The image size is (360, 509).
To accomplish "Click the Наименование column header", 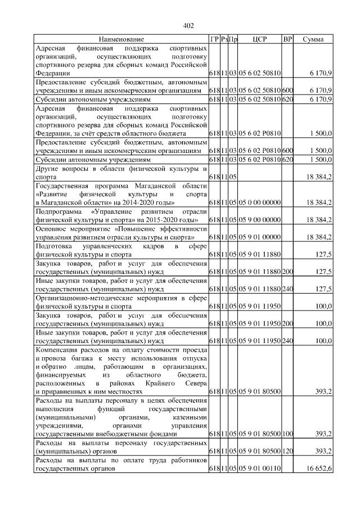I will pos(121,39).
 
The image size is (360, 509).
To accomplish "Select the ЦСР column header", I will pos(259,39).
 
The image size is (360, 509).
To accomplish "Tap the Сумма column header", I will pos(313,39).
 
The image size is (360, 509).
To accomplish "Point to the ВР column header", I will pos(287,39).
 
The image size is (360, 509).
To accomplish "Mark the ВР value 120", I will pos(287,451).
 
